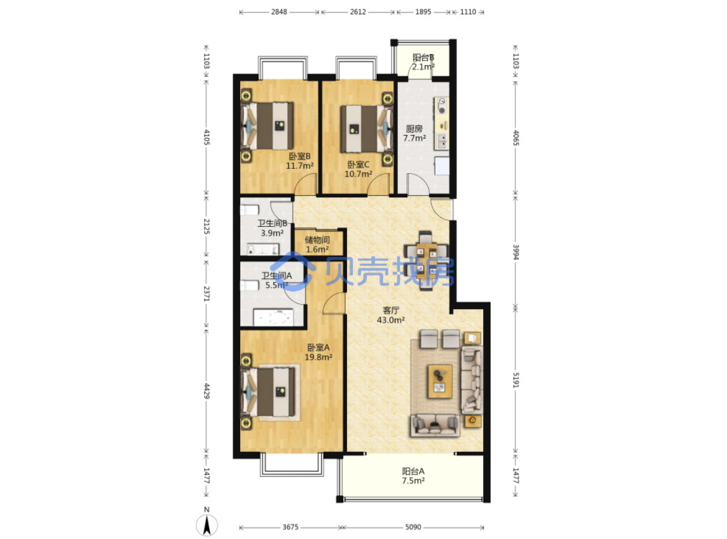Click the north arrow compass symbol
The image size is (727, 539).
click(x=206, y=524)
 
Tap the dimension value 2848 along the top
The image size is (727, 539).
click(x=279, y=12)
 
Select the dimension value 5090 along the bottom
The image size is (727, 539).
click(x=413, y=527)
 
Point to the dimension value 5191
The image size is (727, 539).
click(x=515, y=380)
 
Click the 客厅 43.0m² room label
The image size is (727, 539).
click(x=391, y=315)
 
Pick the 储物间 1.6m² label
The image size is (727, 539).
click(x=317, y=245)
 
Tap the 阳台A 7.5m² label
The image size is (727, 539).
click(x=413, y=476)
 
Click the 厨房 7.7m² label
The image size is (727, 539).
click(x=414, y=134)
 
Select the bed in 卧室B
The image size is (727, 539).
click(x=267, y=126)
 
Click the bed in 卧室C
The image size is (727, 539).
click(x=367, y=129)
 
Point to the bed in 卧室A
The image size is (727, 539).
click(x=268, y=392)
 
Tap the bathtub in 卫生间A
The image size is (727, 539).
click(x=273, y=317)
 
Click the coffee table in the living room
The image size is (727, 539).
click(x=440, y=381)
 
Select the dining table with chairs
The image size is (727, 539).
click(x=426, y=261)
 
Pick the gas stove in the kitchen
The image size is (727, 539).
click(x=442, y=106)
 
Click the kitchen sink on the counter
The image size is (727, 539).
click(x=442, y=142)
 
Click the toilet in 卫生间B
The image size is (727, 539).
click(x=250, y=210)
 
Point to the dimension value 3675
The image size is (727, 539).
click(x=291, y=527)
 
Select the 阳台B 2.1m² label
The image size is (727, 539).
click(x=423, y=62)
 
